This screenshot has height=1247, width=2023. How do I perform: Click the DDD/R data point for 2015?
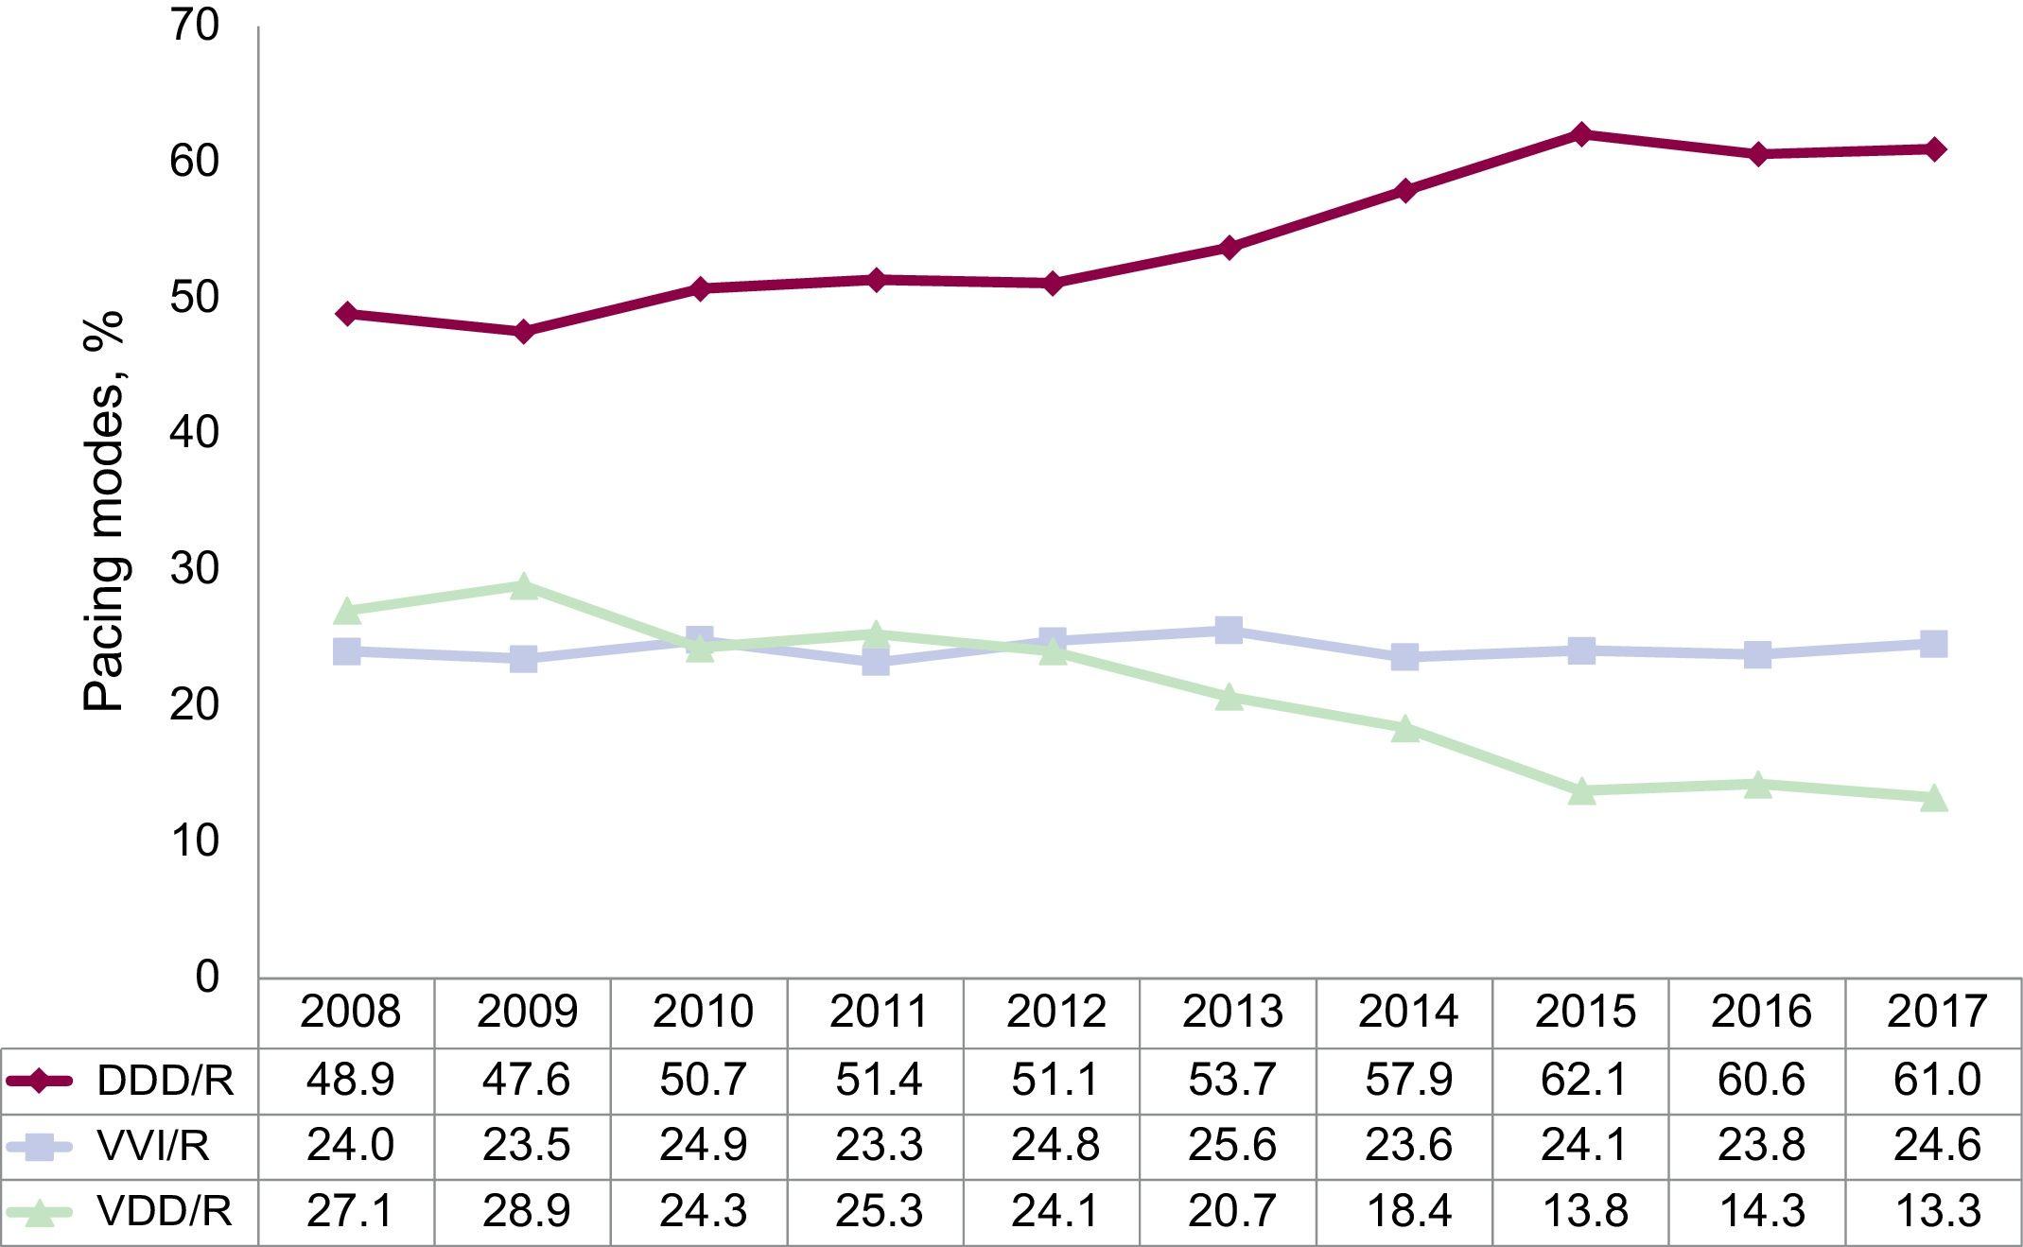[1581, 134]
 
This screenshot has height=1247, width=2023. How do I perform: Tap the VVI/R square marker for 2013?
[1229, 630]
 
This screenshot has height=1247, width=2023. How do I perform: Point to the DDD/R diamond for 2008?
[347, 314]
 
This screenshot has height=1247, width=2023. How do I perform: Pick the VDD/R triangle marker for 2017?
[1934, 797]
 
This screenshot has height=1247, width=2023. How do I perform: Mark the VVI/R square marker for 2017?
[1934, 644]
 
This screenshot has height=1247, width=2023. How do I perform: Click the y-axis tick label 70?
[195, 26]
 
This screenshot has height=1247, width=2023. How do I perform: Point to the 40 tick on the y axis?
[195, 434]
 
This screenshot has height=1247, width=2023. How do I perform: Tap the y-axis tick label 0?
[207, 977]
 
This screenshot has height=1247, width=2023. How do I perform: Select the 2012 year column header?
[1055, 1013]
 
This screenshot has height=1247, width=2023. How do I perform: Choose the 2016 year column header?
[1760, 1013]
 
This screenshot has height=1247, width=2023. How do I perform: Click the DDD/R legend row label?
[166, 1081]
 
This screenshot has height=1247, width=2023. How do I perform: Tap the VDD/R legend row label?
[165, 1212]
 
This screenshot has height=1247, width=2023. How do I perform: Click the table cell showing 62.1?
[1584, 1080]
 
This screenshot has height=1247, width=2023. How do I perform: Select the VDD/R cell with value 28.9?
[526, 1212]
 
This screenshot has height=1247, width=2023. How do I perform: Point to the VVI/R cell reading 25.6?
[1231, 1146]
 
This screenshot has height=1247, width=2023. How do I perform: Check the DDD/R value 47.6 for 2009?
[526, 1080]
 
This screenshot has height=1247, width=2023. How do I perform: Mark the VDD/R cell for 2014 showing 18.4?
[1408, 1212]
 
